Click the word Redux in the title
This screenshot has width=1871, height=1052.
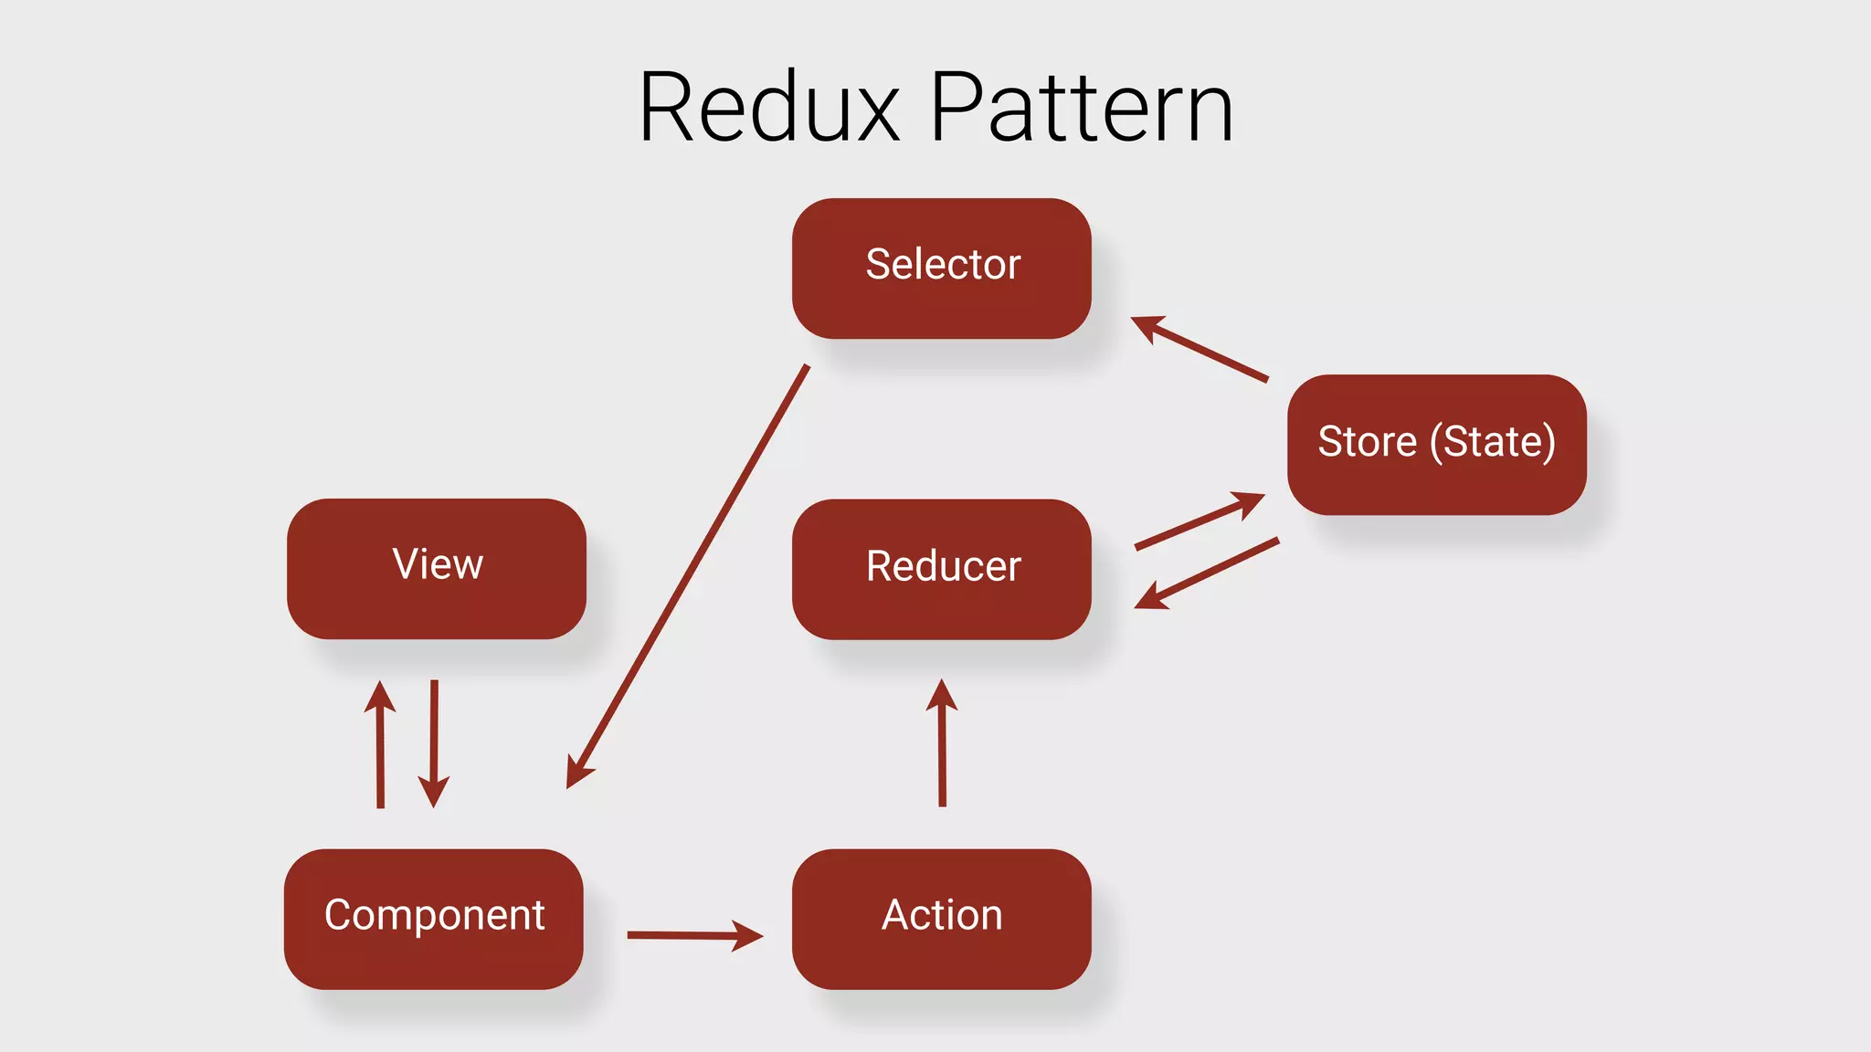point(769,108)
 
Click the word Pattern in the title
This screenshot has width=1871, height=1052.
point(1082,108)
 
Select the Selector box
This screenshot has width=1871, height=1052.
point(941,268)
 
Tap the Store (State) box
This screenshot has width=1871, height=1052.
point(1436,444)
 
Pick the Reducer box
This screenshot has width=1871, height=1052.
point(941,568)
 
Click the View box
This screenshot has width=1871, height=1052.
point(437,568)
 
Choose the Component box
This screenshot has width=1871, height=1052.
point(433,918)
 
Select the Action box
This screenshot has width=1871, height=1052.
point(941,918)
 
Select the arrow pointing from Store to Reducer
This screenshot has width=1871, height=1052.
point(1206,573)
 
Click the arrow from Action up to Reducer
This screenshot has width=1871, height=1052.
point(942,744)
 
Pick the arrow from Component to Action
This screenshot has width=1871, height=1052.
point(694,935)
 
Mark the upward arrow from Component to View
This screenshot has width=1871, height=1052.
point(380,744)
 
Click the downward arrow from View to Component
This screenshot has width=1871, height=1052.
point(434,744)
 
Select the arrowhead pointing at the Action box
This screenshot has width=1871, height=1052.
point(747,935)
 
